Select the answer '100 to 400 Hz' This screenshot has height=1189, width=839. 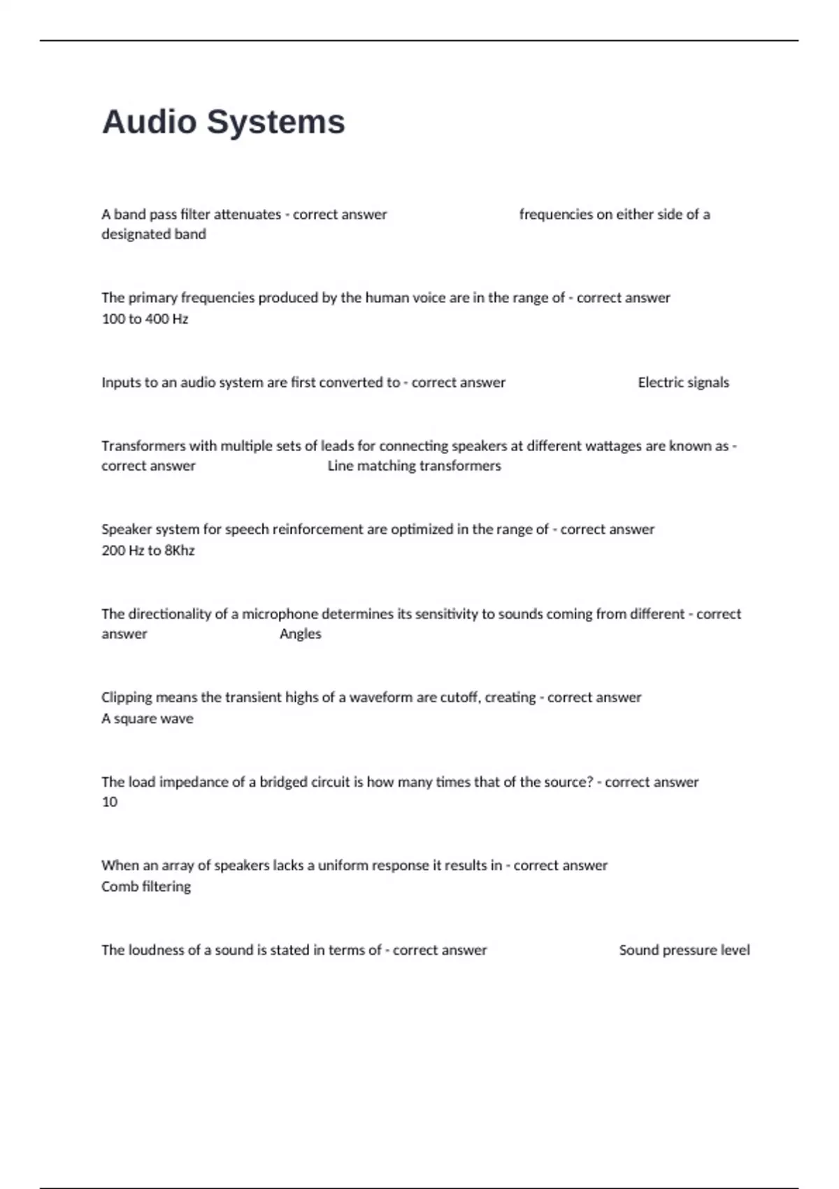pos(145,319)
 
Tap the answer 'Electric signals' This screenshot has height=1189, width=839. pos(683,383)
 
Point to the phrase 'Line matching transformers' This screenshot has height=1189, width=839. pos(414,466)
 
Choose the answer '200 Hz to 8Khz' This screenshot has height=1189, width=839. pos(148,550)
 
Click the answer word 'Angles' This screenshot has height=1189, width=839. pos(300,634)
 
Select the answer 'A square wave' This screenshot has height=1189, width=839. pos(147,718)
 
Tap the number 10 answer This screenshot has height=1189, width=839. pos(110,802)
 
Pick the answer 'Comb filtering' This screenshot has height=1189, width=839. pos(145,886)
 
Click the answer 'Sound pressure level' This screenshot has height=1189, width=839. pos(684,950)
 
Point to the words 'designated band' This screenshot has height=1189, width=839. pos(153,234)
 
